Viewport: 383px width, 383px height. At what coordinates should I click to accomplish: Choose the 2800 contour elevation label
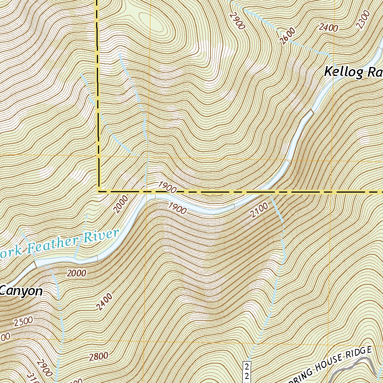tap(99, 356)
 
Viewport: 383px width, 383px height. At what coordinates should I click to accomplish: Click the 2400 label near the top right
tap(329, 27)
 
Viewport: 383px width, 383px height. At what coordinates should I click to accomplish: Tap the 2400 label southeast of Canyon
tap(104, 302)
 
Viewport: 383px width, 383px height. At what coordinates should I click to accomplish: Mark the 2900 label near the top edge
tap(237, 21)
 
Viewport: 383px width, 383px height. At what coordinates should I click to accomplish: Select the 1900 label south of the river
tap(177, 208)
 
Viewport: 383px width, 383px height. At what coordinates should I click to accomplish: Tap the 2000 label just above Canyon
tap(77, 273)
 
